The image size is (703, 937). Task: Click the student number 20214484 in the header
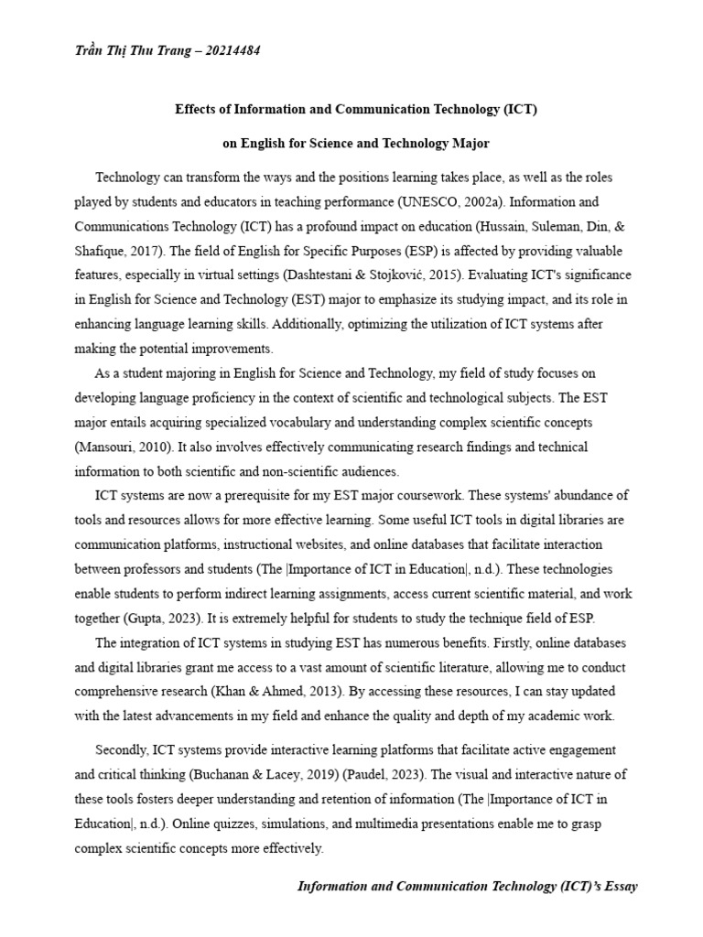(x=233, y=50)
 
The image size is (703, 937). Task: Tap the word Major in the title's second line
(x=470, y=143)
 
